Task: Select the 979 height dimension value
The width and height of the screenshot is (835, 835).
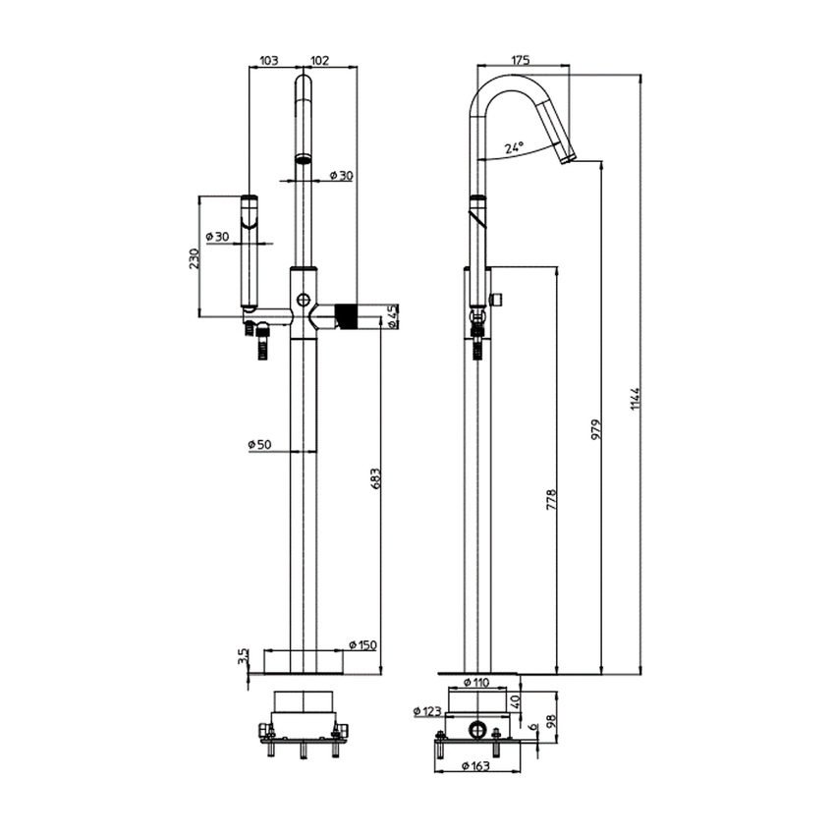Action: coord(596,429)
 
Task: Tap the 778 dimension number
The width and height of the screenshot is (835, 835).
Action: coord(552,500)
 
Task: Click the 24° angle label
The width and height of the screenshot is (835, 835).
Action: coord(514,147)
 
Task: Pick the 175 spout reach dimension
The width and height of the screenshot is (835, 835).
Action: coord(522,60)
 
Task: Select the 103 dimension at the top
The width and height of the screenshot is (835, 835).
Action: coord(268,60)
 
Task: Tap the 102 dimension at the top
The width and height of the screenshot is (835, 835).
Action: coord(319,60)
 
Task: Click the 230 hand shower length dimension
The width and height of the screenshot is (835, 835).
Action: coord(195,257)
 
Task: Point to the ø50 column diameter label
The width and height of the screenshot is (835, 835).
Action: coord(259,445)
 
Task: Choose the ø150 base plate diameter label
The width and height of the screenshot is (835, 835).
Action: coord(362,644)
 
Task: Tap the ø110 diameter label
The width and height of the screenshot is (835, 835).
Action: coord(475,682)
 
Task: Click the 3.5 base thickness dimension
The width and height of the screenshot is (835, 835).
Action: coord(243,656)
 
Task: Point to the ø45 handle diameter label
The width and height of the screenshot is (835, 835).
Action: coord(392,316)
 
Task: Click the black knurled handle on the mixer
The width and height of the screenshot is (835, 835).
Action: coord(345,316)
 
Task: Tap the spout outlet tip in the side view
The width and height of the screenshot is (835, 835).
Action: coord(567,157)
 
